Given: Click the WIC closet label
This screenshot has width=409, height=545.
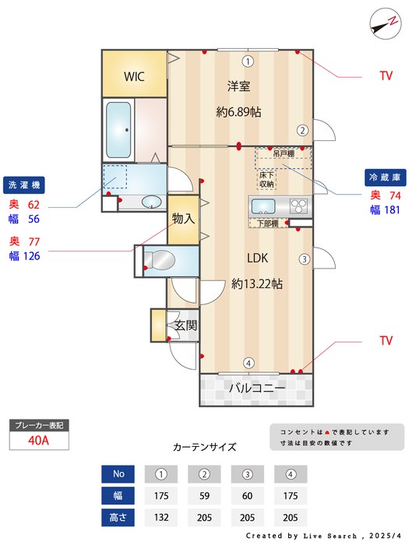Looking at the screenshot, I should tap(135, 76).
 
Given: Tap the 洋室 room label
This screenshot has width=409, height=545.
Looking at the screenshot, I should tap(238, 86).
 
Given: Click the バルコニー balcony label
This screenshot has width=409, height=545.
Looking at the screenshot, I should tap(256, 387).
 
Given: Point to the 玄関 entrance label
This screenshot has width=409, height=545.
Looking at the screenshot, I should tap(185, 325).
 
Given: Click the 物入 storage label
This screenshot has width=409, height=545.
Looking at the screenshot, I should tap(182, 219).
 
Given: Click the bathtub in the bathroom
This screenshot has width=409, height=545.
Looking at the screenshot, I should tap(118, 128).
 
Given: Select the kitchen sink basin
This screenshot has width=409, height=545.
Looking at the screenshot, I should tap(262, 207).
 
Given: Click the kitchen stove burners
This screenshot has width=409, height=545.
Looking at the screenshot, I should tap(299, 206).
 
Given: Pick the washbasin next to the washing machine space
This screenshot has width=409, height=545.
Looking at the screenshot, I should tap(151, 202).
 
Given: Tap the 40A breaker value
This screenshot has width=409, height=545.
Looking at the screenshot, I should tap(38, 440).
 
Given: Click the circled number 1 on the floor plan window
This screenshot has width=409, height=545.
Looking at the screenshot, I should tap(247, 61).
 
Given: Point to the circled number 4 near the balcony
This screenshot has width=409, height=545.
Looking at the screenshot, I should tap(248, 362).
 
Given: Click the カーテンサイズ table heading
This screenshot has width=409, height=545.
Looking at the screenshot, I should tap(204, 448).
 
